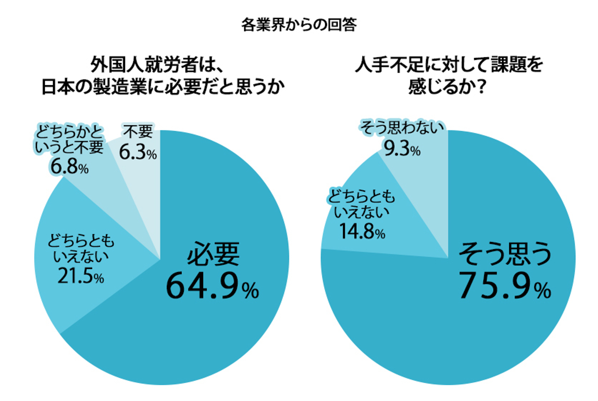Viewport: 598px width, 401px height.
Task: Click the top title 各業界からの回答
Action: [x=299, y=25]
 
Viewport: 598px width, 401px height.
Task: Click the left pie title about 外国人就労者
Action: [x=163, y=76]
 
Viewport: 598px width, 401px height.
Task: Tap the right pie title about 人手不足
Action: [x=448, y=76]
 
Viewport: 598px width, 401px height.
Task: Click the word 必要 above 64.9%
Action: [x=213, y=254]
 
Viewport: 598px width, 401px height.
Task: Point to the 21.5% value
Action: [x=81, y=276]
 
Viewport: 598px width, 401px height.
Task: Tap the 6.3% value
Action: [x=138, y=152]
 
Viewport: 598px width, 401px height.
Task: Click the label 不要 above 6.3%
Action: [x=138, y=132]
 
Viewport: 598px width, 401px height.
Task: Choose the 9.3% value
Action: [x=402, y=148]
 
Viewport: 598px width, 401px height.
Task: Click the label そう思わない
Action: [x=402, y=127]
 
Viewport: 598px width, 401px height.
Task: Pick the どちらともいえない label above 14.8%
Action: [x=362, y=204]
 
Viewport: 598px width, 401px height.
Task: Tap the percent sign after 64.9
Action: [x=250, y=291]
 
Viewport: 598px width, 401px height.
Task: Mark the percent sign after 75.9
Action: [x=543, y=291]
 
